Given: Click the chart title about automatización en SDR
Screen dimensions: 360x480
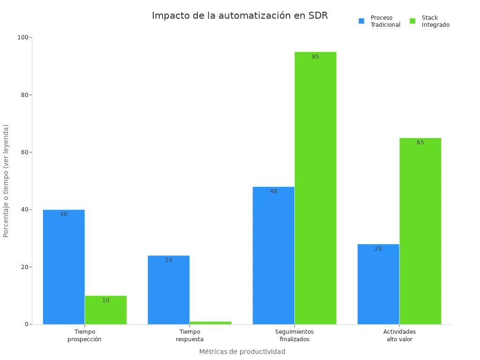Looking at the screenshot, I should point(240,15).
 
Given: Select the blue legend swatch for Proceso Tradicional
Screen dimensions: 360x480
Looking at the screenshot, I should point(361,21).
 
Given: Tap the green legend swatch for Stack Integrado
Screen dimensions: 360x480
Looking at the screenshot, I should point(412,21).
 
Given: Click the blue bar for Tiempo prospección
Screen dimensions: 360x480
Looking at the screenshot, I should point(64,267).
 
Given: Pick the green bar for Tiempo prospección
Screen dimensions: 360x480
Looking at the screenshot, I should point(105,310).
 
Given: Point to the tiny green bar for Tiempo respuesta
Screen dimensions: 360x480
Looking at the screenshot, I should point(210,322).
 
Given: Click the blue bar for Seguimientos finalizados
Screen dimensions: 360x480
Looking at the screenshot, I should point(273,255).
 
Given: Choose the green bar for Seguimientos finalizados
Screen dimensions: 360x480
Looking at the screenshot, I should point(315,188).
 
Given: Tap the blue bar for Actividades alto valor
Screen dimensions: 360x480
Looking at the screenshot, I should point(378,284).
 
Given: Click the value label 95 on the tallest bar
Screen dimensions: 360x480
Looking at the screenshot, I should point(315,57).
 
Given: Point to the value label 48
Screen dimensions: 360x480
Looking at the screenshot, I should point(274,191).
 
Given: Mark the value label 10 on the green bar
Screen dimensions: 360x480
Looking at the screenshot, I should point(106,300).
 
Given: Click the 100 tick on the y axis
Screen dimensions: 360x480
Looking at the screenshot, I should point(23,37).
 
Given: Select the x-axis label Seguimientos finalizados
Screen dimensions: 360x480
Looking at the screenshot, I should point(294,336).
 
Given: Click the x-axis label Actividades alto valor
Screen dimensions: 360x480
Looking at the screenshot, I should point(399,336).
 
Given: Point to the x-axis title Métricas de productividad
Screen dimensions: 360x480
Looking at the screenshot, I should point(242,352).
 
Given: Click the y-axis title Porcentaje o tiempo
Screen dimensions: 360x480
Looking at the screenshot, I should point(6,180).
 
